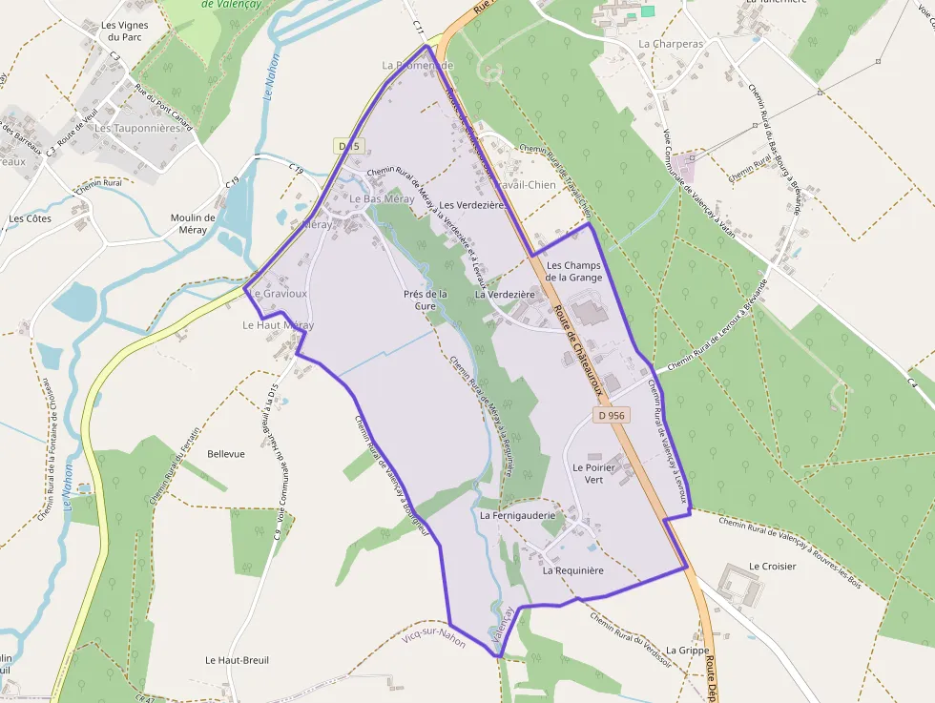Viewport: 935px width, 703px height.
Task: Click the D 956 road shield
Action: tap(612, 415)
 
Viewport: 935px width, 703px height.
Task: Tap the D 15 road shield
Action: tap(348, 146)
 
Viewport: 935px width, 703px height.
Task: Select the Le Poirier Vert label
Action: tap(601, 474)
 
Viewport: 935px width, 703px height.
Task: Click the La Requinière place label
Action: tap(573, 570)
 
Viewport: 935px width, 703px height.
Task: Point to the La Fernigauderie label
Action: tap(517, 515)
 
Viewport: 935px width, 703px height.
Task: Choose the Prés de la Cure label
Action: tap(426, 300)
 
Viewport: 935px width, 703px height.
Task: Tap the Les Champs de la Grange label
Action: tap(573, 271)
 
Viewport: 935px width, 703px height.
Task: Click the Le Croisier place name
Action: tap(773, 566)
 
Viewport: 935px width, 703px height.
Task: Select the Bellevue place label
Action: tap(226, 454)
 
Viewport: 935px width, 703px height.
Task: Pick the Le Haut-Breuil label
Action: tap(235, 660)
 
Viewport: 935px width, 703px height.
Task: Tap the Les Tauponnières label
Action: tap(137, 128)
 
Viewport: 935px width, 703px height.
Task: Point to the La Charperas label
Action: tap(670, 44)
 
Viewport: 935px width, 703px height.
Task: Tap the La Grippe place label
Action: tap(687, 650)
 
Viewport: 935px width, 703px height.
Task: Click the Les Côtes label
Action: tap(30, 218)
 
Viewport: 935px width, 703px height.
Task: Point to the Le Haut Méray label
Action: tap(278, 325)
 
